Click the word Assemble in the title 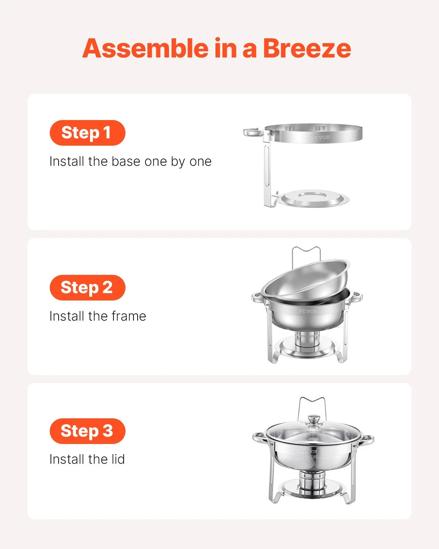[x=145, y=48]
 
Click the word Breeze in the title [x=307, y=48]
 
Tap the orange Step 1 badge [x=87, y=133]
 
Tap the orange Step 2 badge [x=87, y=288]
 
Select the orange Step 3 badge [x=87, y=431]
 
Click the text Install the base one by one [x=130, y=161]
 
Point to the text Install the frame [x=98, y=316]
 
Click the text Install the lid [x=87, y=459]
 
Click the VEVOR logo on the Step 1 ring [x=320, y=137]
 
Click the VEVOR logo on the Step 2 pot [x=308, y=311]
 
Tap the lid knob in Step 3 [x=314, y=420]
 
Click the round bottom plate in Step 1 [x=313, y=198]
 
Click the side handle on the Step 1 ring [x=252, y=132]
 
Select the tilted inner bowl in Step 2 [x=305, y=280]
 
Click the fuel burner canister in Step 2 [x=307, y=339]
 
